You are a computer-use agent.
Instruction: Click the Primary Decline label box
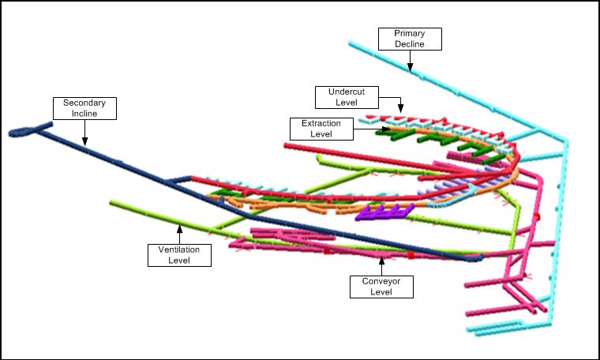[410, 39]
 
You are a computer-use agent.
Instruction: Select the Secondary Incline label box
[84, 108]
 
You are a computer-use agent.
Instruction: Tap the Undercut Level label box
[347, 97]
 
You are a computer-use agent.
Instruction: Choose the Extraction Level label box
[321, 129]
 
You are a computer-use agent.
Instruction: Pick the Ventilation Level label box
[179, 255]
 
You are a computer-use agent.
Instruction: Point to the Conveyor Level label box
[381, 286]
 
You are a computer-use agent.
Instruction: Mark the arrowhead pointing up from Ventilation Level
[179, 228]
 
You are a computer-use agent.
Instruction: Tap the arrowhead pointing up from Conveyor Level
[381, 257]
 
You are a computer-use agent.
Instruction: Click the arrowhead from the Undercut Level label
[401, 108]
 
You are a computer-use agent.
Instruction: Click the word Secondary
[84, 103]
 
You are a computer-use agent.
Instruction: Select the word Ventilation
[179, 249]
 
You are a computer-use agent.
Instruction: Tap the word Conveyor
[381, 280]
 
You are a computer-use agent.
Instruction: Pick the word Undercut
[347, 92]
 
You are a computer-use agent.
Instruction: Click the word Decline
[410, 44]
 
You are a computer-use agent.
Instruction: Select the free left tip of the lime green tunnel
[112, 202]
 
